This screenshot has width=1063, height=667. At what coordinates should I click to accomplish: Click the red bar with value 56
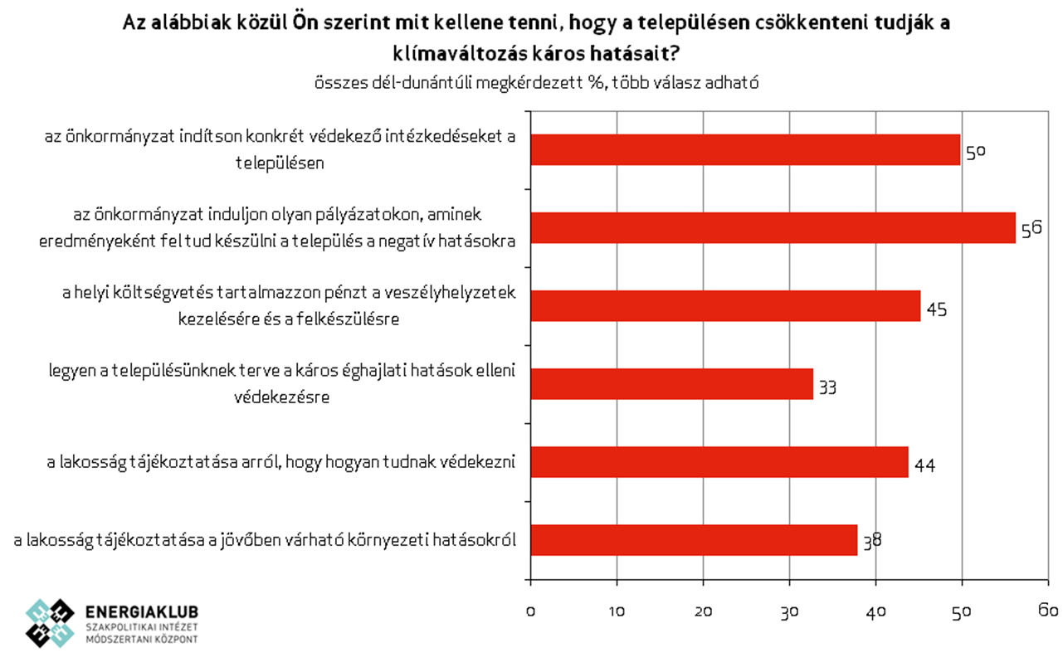click(x=773, y=228)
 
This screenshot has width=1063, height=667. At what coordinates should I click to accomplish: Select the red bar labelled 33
click(x=671, y=384)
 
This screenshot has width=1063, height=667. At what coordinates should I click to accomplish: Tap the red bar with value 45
click(x=725, y=306)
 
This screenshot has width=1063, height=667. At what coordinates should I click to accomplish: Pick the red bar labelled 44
click(x=719, y=462)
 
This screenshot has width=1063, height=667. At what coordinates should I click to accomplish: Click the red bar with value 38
click(x=694, y=540)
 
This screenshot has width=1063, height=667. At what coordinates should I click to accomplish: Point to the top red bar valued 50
click(x=745, y=150)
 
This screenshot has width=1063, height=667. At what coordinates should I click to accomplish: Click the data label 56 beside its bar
click(x=1031, y=230)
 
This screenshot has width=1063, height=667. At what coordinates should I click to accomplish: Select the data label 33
click(x=828, y=387)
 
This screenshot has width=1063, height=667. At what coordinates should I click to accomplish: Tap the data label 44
click(x=924, y=465)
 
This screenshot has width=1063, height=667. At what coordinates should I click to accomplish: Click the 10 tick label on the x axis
click(x=617, y=611)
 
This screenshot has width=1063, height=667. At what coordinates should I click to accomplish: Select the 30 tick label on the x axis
click(x=789, y=611)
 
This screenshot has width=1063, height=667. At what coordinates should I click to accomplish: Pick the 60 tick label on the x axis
click(x=1048, y=611)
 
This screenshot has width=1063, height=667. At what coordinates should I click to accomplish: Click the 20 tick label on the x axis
click(x=703, y=611)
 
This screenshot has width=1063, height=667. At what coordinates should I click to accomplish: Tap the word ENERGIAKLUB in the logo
click(x=142, y=611)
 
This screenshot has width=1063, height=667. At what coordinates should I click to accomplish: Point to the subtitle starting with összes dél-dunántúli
click(x=537, y=83)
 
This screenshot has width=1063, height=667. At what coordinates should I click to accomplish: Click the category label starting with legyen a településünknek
click(x=281, y=383)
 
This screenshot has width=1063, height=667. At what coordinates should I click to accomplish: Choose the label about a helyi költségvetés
click(x=289, y=305)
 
